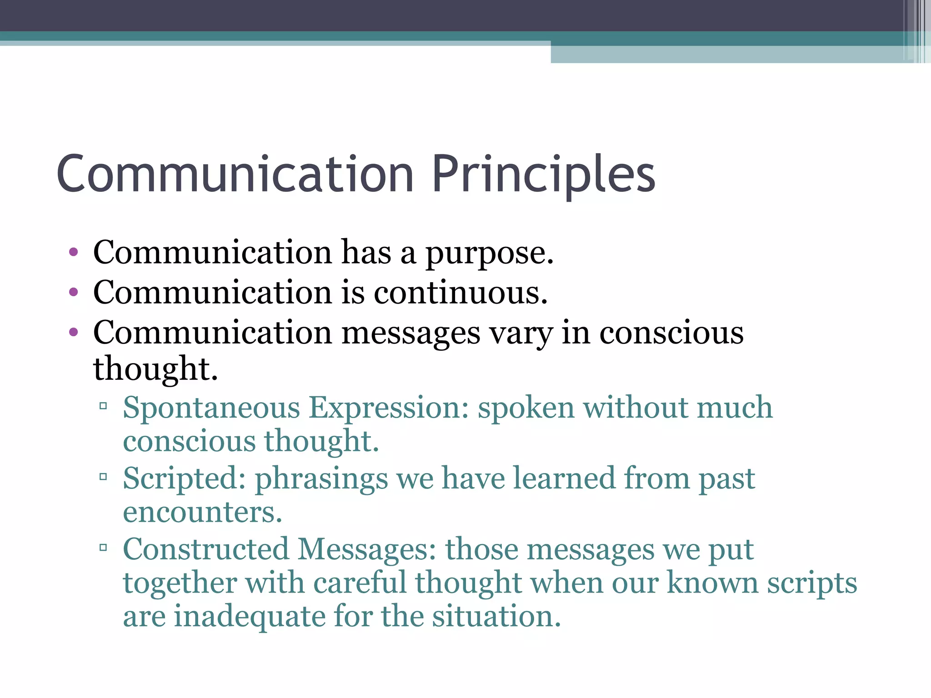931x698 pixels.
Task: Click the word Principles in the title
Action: coord(543,175)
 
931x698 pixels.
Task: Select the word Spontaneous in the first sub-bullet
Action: coord(211,408)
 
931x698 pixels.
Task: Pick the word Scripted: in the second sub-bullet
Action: coord(184,479)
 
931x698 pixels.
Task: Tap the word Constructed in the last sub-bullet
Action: coord(206,550)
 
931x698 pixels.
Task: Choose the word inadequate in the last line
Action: coord(250,617)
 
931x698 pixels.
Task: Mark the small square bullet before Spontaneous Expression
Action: coord(103,406)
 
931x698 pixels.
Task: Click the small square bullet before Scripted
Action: coord(103,477)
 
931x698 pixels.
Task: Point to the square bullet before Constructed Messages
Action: coord(103,548)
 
